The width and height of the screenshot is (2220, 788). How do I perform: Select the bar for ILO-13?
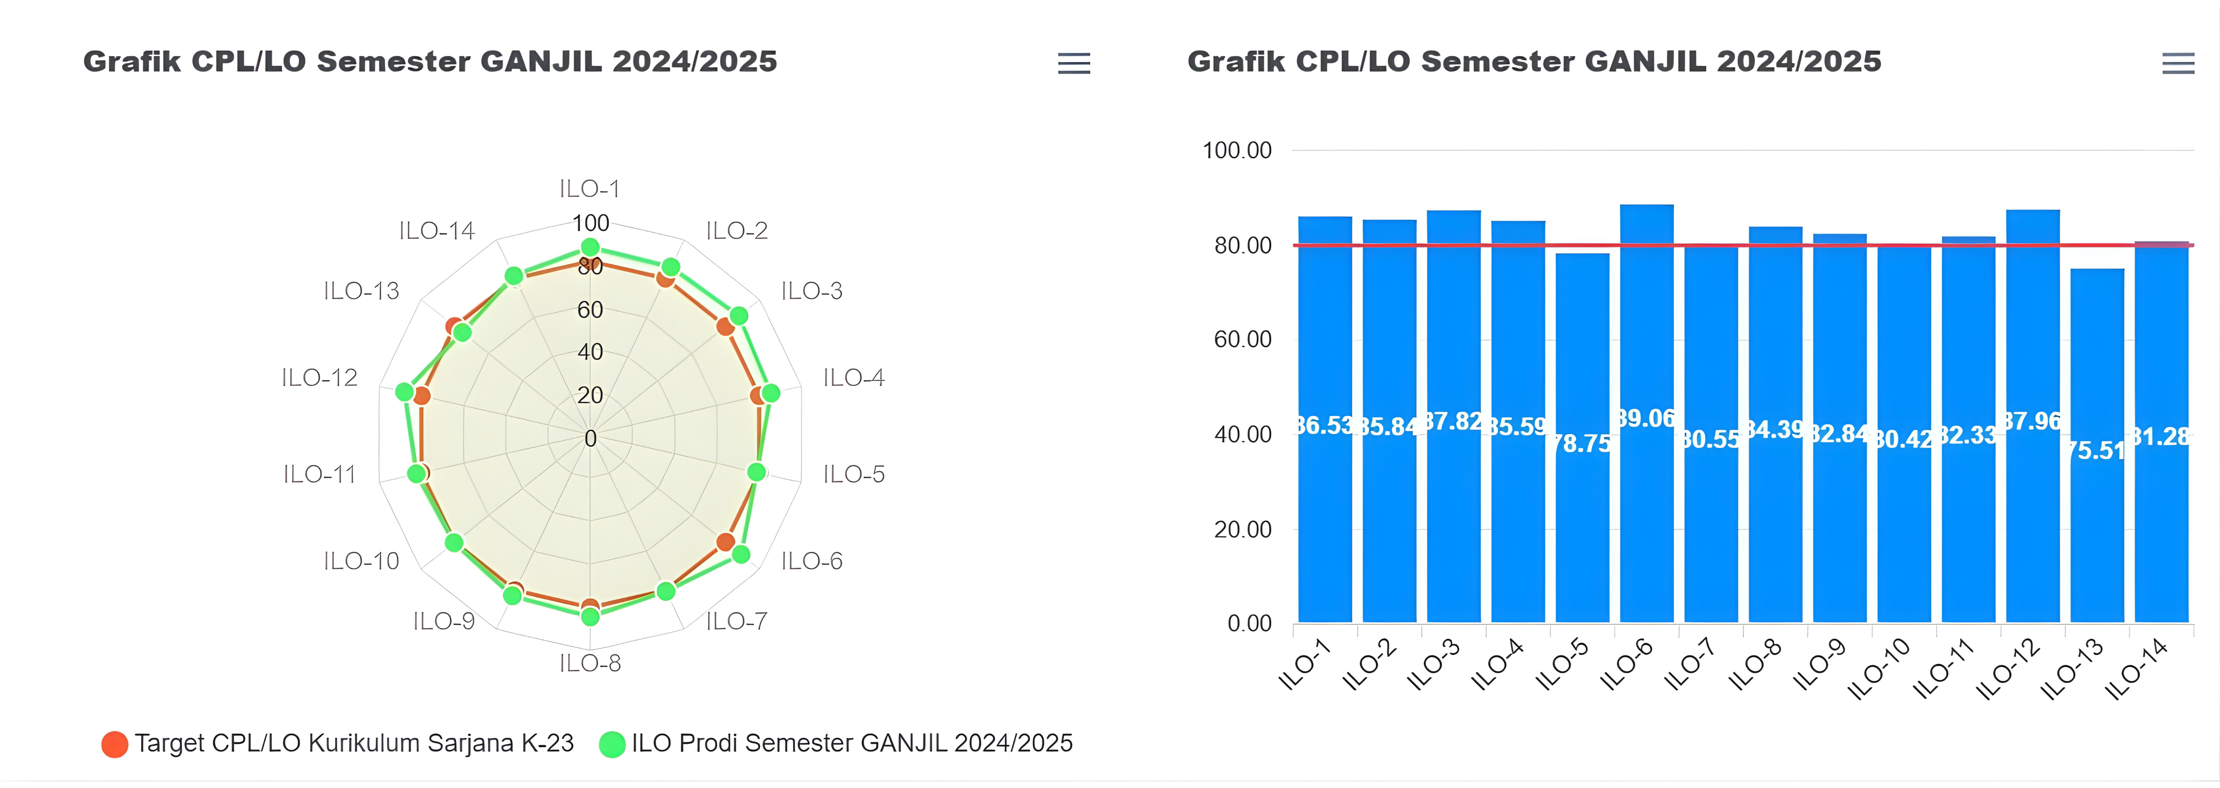pyautogui.click(x=2097, y=517)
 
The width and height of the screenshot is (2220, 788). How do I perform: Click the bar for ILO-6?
pyautogui.click(x=1646, y=517)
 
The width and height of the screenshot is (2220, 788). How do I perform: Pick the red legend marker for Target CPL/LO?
pyautogui.click(x=115, y=744)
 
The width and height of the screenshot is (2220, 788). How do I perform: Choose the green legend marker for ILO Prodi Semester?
pyautogui.click(x=612, y=744)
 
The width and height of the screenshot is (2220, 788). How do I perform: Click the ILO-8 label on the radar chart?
pyautogui.click(x=590, y=663)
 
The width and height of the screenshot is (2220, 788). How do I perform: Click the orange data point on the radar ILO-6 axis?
pyautogui.click(x=726, y=542)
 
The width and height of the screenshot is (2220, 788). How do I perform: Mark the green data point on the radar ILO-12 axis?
pyautogui.click(x=404, y=392)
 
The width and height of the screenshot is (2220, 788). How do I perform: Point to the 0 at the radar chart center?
pyautogui.click(x=590, y=439)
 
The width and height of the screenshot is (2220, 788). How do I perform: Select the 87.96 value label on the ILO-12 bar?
pyautogui.click(x=2032, y=421)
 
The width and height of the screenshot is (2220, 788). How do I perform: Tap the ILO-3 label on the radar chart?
pyautogui.click(x=812, y=291)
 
